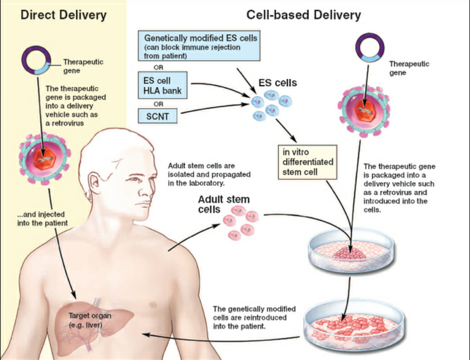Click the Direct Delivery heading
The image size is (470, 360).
click(x=63, y=15)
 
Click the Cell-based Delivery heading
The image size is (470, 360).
click(x=303, y=15)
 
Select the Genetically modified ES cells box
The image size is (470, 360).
click(x=199, y=46)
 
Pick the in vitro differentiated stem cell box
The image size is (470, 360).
click(x=308, y=162)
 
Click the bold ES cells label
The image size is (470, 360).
click(x=277, y=83)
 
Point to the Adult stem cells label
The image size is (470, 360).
click(x=224, y=204)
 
